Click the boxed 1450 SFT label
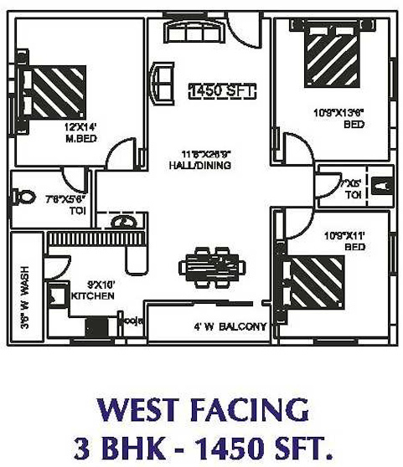(x=221, y=90)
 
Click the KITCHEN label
(x=86, y=295)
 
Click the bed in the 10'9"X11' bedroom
(x=315, y=282)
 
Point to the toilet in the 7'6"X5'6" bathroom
(x=24, y=198)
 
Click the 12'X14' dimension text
(x=82, y=127)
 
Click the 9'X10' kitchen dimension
(x=88, y=285)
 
